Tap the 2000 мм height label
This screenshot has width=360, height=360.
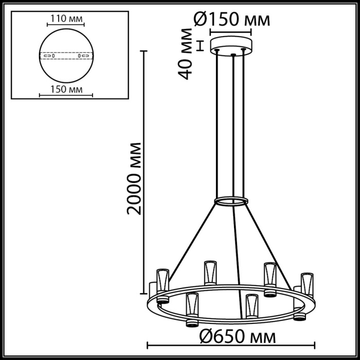click(x=135, y=176)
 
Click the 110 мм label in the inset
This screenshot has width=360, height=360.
click(x=65, y=19)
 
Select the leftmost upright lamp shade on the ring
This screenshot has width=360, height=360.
click(x=163, y=280)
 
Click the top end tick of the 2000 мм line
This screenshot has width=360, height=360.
click(x=145, y=51)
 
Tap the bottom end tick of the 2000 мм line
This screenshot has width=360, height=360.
click(x=145, y=294)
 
